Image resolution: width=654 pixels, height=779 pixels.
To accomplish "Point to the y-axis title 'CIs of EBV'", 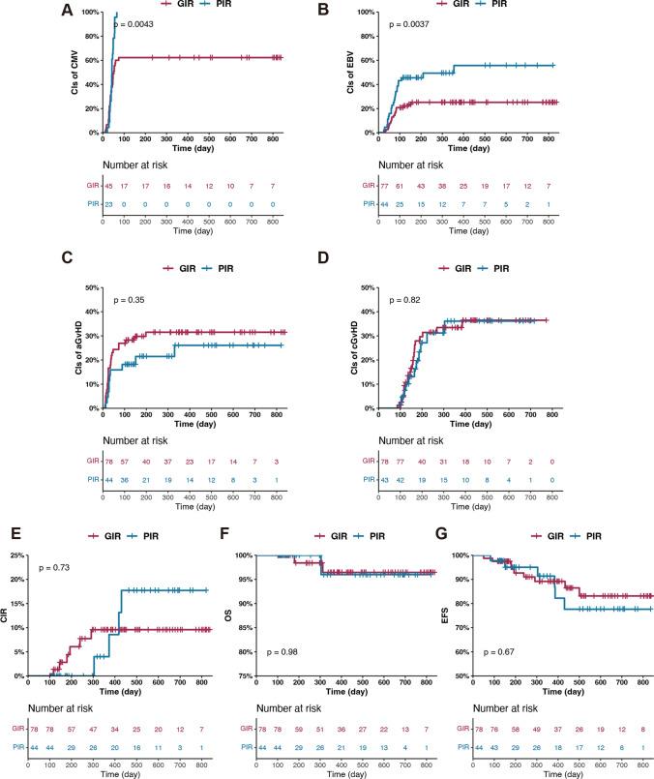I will coord(347,72).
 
